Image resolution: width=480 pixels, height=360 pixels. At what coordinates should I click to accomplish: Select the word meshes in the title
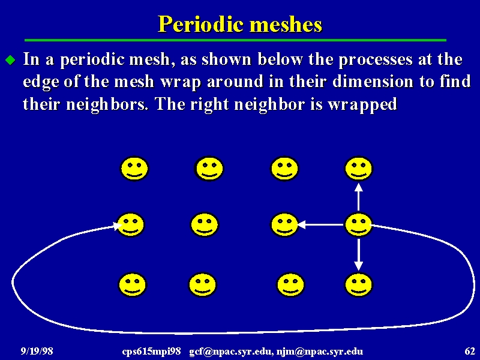(286, 24)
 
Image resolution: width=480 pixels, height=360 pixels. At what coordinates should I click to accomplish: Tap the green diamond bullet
(11, 60)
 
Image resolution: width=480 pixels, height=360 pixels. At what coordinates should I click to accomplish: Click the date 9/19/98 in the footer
(37, 351)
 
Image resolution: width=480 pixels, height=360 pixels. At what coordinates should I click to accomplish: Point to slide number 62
(470, 351)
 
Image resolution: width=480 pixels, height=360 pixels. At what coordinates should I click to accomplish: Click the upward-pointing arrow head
(358, 187)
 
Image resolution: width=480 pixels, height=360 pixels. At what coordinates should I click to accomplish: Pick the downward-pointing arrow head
(358, 266)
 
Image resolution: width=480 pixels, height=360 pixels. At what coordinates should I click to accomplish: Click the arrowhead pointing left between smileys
(301, 224)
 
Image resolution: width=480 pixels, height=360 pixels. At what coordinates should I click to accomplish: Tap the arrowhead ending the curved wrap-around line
(117, 226)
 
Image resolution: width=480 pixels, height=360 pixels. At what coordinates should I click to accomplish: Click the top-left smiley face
(134, 169)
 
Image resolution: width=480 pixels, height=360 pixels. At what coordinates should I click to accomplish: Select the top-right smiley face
(358, 169)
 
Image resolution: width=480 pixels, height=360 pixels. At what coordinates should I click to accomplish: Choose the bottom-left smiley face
(133, 284)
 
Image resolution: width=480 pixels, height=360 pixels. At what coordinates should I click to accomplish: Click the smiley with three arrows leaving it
(358, 224)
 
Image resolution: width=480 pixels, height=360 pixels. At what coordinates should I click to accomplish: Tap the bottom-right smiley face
(358, 284)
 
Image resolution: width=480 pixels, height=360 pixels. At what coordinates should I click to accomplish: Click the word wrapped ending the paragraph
(363, 104)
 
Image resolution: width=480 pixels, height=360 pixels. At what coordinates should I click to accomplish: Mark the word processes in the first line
(376, 59)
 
